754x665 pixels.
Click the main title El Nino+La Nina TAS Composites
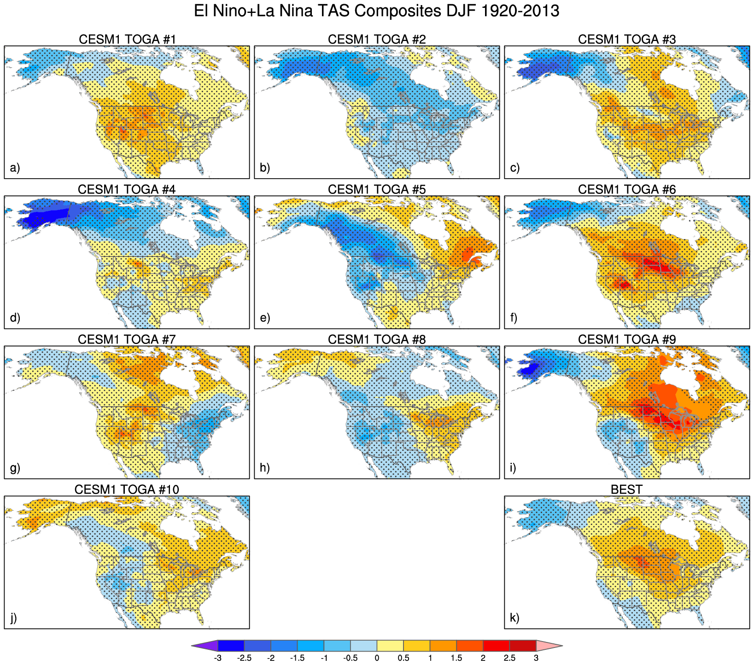(x=376, y=11)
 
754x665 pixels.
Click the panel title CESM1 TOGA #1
(x=127, y=40)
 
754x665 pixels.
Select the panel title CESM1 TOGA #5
(x=377, y=190)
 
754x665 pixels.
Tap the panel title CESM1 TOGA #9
(x=627, y=340)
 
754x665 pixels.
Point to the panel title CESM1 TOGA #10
(x=127, y=490)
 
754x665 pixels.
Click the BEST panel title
(x=626, y=490)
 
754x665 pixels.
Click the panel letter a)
(x=15, y=168)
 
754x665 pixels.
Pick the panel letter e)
(x=265, y=318)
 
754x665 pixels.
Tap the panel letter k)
(x=515, y=618)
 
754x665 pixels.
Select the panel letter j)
(x=14, y=618)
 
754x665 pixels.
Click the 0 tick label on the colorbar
(x=377, y=658)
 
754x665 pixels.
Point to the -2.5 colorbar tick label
(x=244, y=658)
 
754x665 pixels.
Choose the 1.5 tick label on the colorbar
(x=456, y=658)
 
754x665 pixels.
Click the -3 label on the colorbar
(x=217, y=658)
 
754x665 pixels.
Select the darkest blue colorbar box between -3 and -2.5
(x=231, y=646)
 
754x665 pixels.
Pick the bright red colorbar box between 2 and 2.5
(x=496, y=646)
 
